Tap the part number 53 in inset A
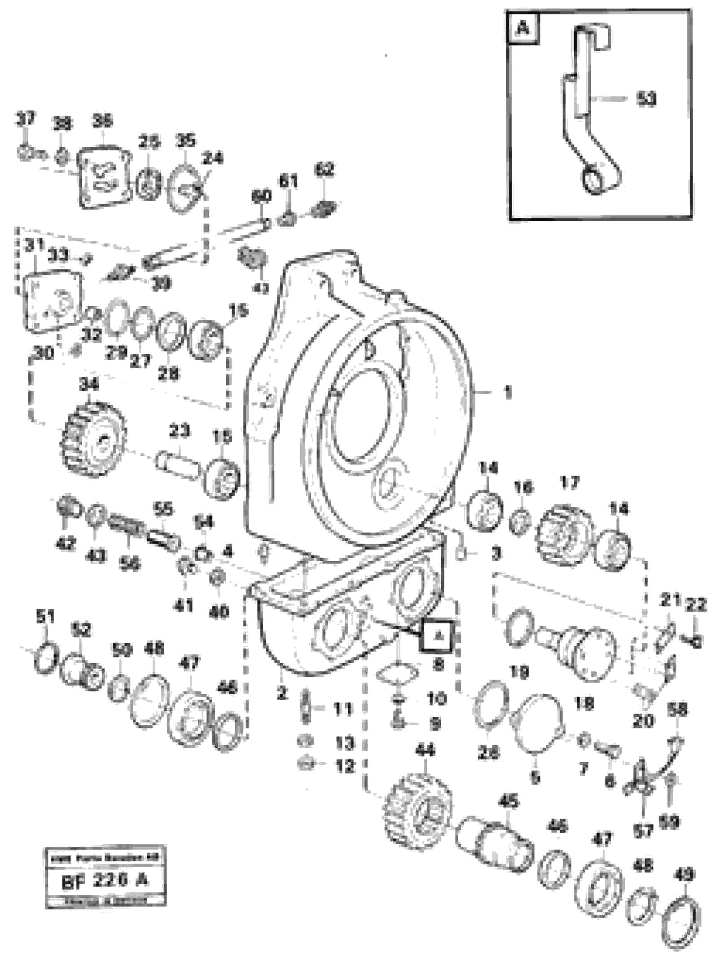pos(646,98)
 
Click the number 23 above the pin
pos(180,431)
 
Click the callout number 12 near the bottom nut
pos(345,767)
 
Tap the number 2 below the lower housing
pos(281,693)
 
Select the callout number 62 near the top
pos(324,170)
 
